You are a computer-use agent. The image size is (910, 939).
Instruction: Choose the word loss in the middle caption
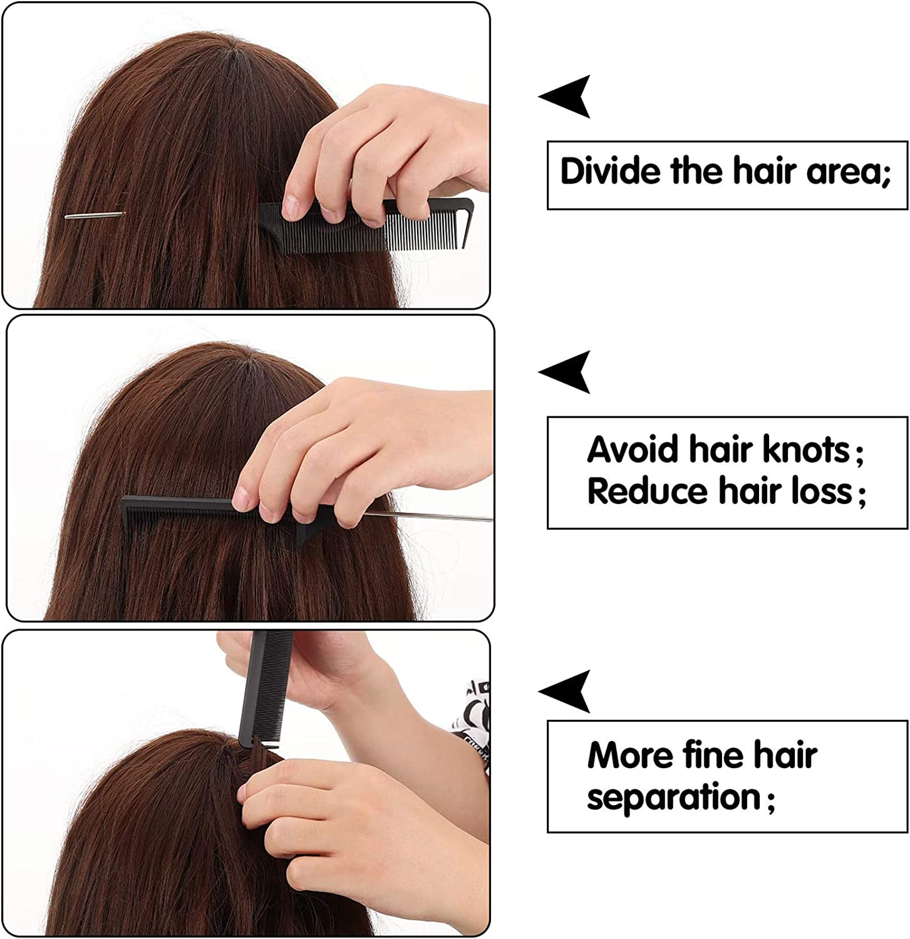(x=822, y=491)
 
